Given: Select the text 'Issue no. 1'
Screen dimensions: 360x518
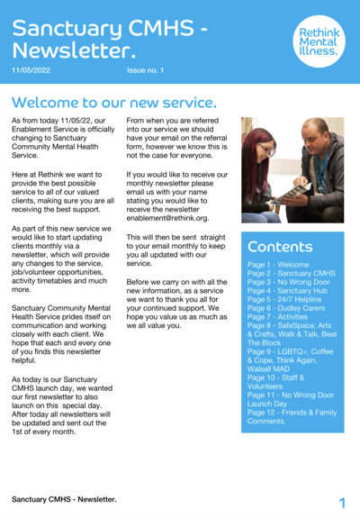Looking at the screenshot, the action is pos(148,70).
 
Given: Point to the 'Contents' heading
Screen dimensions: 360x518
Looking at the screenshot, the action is pos(280,246).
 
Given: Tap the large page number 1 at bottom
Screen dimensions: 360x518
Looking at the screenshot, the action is pos(343,502).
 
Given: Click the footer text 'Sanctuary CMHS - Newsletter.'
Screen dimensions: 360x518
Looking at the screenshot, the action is pos(64,498).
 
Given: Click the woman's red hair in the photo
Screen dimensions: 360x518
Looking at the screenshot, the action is pos(258,144).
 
